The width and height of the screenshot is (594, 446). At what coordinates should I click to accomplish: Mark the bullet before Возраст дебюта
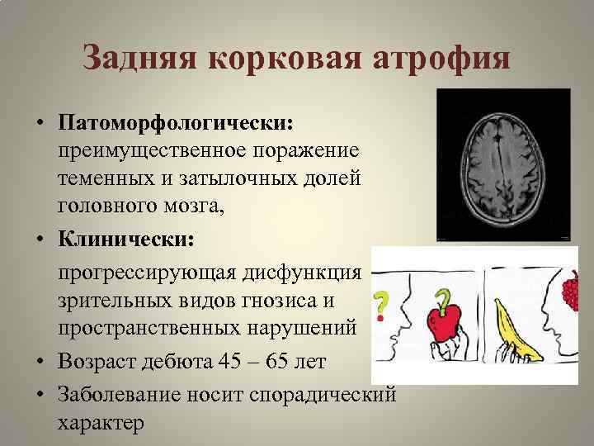[x=40, y=362]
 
